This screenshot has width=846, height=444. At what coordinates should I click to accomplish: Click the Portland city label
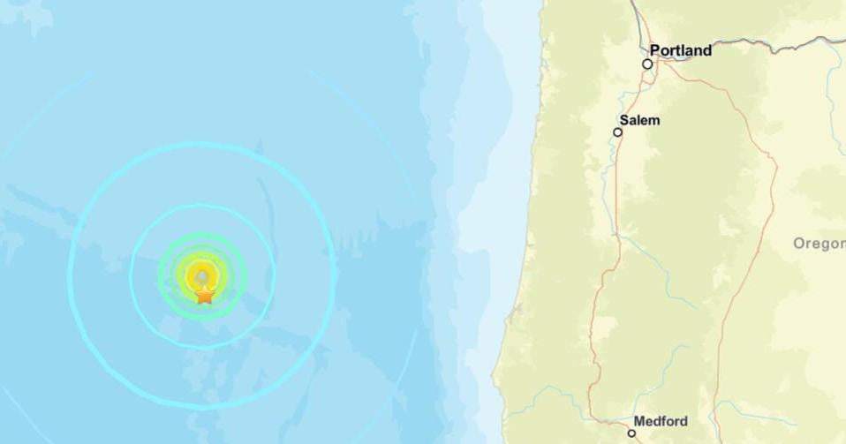(x=680, y=51)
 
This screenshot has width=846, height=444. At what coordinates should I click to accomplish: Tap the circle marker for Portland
(x=647, y=64)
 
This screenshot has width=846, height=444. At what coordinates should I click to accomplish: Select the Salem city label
(x=640, y=121)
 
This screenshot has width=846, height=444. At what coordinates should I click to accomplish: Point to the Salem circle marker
(x=618, y=132)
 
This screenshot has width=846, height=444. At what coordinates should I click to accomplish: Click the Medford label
(x=661, y=421)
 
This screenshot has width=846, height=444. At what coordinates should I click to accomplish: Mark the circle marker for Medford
(x=631, y=433)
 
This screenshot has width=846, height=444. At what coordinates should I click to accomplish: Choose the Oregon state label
(x=819, y=244)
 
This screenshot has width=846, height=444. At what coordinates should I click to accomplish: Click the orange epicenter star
(x=204, y=296)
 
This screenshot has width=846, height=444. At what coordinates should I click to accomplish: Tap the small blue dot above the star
(x=203, y=275)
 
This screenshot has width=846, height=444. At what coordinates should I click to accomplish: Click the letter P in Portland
(x=655, y=51)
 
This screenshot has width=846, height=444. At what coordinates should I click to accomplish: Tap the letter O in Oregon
(x=798, y=244)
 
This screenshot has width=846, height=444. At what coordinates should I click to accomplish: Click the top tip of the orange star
(x=204, y=287)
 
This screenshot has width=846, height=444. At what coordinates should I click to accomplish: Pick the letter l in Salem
(x=642, y=121)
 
